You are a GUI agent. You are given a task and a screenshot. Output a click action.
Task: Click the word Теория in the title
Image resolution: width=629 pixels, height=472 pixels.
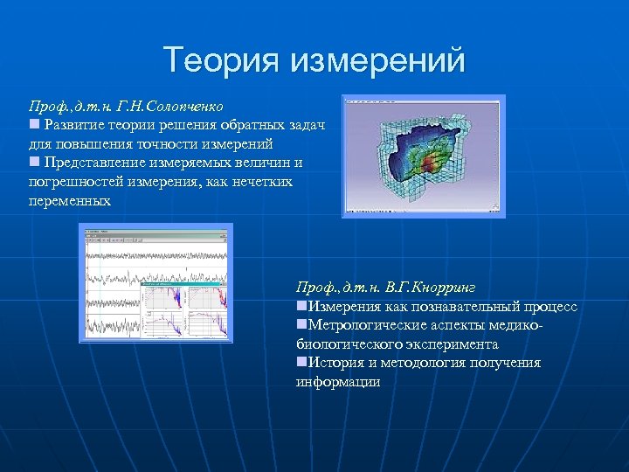[220, 61]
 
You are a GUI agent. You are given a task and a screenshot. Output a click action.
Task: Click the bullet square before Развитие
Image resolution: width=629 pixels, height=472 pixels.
[34, 125]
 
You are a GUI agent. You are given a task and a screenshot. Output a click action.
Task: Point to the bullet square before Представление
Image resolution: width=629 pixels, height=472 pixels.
[34, 163]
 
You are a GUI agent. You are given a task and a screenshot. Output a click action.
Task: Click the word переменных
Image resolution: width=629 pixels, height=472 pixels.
[70, 201]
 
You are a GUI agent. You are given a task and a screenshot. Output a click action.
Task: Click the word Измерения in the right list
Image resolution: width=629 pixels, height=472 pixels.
[342, 307]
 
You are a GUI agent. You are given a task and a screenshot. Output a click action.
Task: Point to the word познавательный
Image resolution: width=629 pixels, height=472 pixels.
[473, 307]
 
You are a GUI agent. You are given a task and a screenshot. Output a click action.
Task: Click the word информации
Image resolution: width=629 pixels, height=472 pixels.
[338, 382]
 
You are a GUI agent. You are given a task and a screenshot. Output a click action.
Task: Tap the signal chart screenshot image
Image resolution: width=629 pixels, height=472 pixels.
[156, 281]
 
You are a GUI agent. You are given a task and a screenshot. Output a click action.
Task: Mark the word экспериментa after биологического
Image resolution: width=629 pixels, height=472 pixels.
[449, 344]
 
